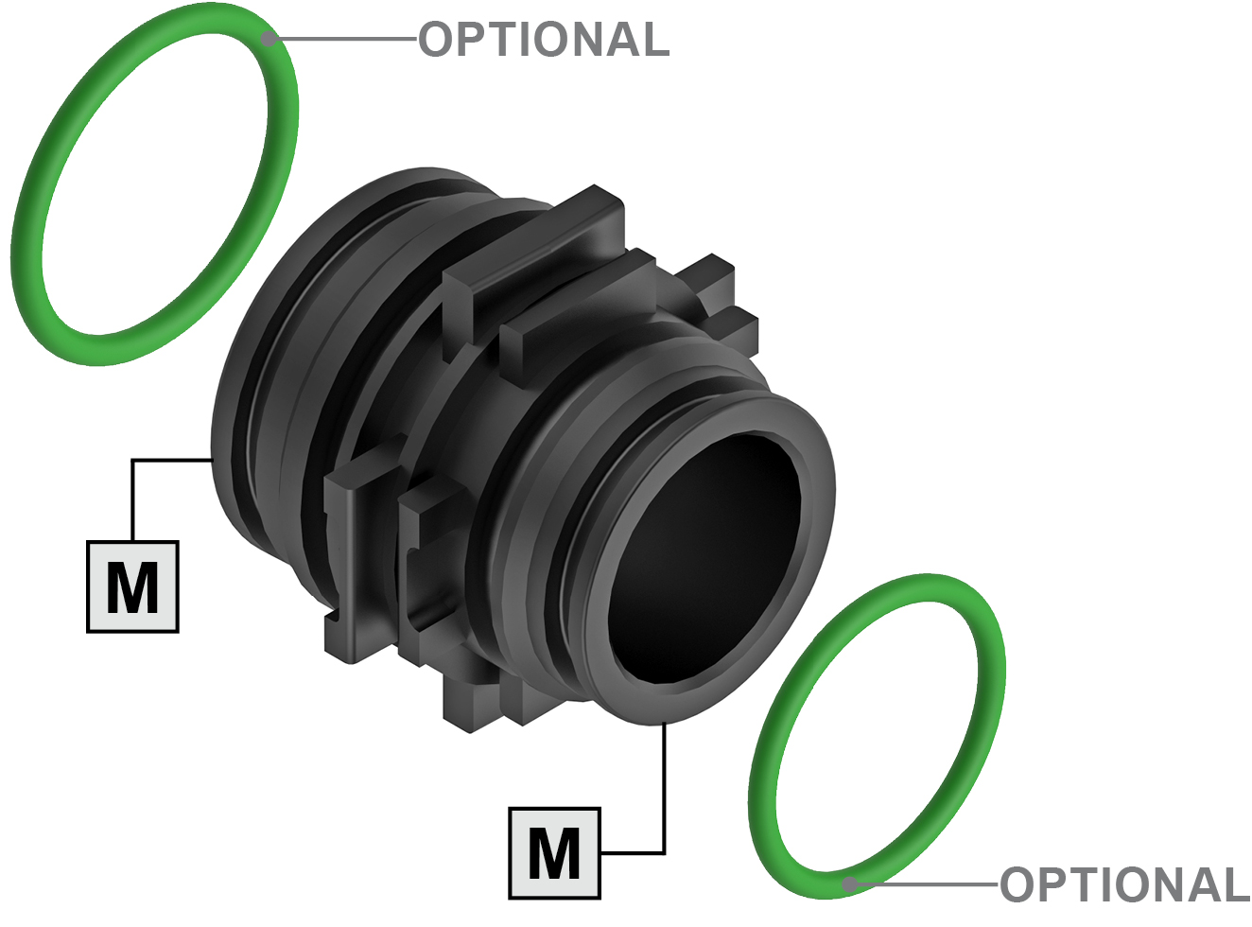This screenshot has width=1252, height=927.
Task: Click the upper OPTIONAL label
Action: coord(544,39)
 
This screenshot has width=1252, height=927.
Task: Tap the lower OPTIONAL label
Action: coord(1124,884)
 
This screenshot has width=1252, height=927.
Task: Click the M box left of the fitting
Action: coord(132,586)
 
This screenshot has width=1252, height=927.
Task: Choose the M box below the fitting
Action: coord(554,853)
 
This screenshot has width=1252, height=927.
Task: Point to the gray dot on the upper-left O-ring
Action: coord(270,39)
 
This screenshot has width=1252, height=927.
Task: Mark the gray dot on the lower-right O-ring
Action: coord(849,884)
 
